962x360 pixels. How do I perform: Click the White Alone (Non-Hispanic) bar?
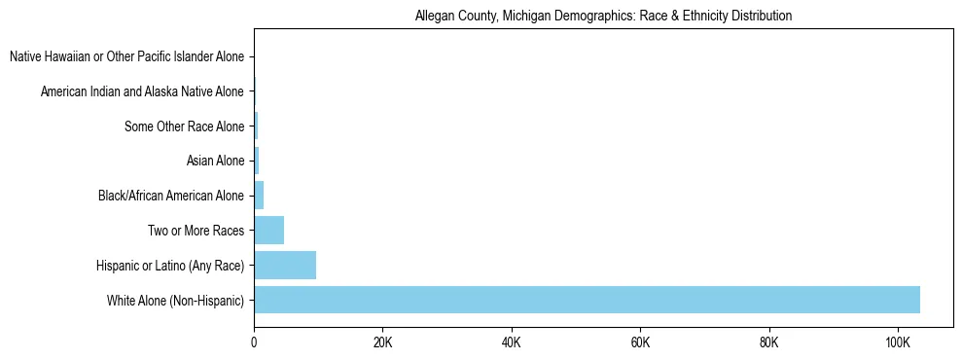coord(587,300)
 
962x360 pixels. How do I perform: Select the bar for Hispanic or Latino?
coord(285,266)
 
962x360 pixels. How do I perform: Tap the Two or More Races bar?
coord(268,231)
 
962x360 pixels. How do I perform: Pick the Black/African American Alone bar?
coord(259,196)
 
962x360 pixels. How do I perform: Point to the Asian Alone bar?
coord(257,161)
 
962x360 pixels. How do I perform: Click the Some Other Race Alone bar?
coord(256,126)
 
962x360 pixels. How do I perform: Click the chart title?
coord(603,17)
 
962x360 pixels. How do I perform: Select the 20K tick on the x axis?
coord(382,343)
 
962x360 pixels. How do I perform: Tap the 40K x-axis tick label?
coord(512,343)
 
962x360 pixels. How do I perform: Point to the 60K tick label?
coord(640,343)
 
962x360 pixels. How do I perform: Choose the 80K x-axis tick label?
coord(769,343)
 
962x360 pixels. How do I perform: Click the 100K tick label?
coord(898,343)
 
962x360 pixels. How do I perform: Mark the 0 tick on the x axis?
coord(254,343)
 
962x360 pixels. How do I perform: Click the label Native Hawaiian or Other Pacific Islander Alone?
coord(126,57)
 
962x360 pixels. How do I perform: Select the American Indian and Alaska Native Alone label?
coord(142,92)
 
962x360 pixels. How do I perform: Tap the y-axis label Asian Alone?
coord(215,162)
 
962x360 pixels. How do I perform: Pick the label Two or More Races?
coord(201,231)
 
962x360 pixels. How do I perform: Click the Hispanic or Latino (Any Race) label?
coord(170,266)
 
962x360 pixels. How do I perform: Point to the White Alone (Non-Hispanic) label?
coord(175,301)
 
